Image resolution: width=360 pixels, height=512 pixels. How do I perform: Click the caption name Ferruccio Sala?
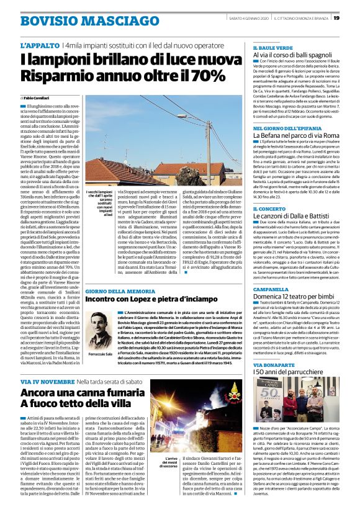(101, 353)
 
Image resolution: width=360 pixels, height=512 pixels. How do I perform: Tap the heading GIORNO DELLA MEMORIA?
(120, 291)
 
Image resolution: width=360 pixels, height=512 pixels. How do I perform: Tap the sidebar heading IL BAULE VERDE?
(271, 47)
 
